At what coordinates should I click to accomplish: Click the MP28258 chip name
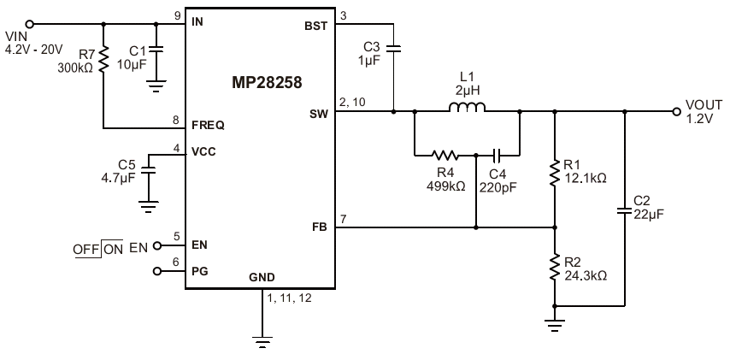[267, 83]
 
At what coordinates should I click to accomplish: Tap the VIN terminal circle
[30, 24]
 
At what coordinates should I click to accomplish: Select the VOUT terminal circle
[676, 112]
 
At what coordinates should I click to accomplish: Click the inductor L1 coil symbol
[467, 107]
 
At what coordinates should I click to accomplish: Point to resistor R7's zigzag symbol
[103, 57]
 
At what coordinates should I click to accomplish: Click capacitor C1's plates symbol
[156, 48]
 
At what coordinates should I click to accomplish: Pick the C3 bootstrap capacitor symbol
[393, 47]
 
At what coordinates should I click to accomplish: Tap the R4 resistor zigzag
[444, 155]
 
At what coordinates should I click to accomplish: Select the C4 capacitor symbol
[498, 155]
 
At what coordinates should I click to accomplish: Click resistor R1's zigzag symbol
[555, 173]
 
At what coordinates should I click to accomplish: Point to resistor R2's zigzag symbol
[555, 267]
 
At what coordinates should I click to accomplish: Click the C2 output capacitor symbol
[625, 211]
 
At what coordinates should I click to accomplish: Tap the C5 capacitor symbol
[149, 170]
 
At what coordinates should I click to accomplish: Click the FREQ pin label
[208, 126]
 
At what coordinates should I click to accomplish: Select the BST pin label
[316, 27]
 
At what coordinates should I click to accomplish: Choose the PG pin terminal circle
[157, 271]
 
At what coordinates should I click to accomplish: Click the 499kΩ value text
[446, 186]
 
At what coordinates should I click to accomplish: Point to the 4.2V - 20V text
[34, 50]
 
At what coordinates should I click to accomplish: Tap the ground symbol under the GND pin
[262, 342]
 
